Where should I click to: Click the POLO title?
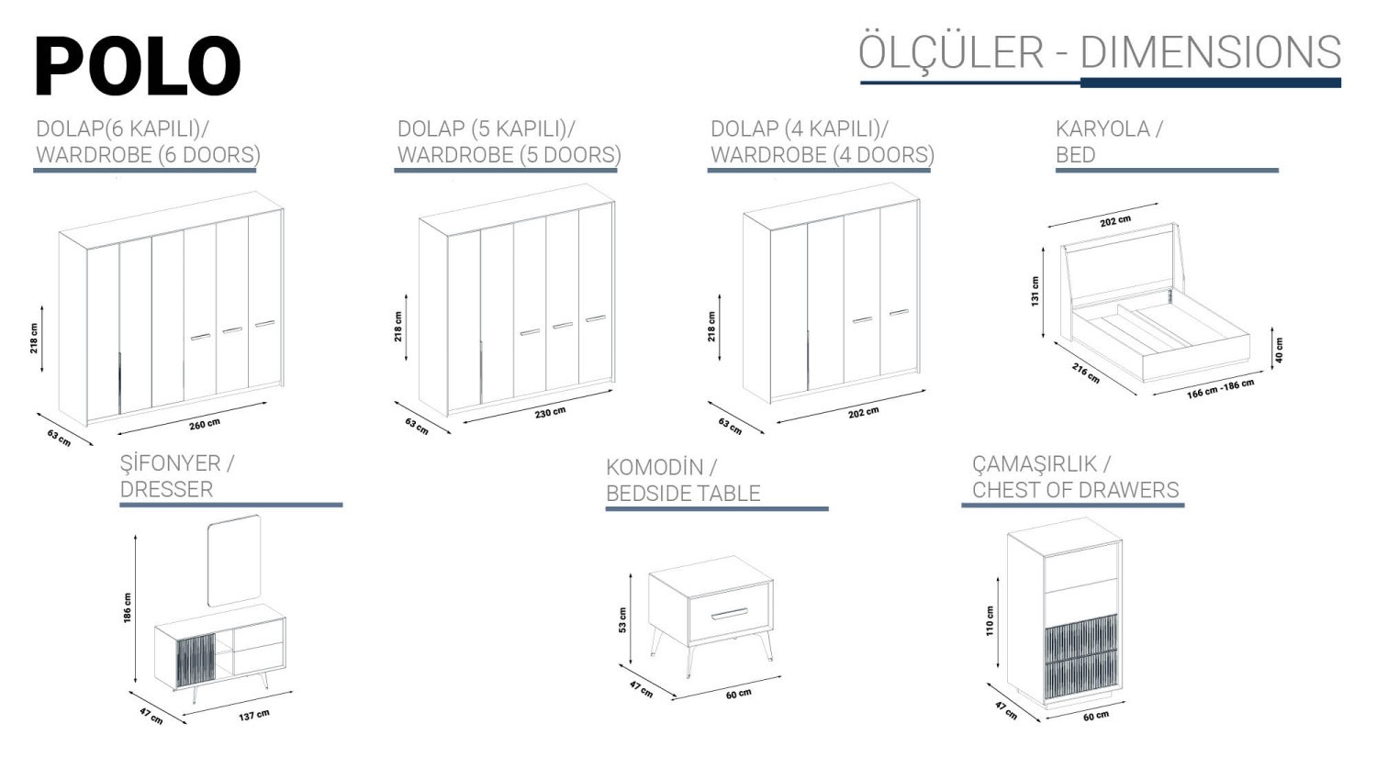click(138, 65)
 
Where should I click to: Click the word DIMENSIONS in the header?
click(1211, 52)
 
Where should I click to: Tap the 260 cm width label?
click(204, 424)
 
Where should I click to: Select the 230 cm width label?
click(550, 412)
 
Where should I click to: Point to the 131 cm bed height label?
click(1036, 291)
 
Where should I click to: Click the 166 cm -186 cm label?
click(1220, 389)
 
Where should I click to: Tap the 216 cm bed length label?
click(1086, 373)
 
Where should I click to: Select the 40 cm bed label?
click(1279, 351)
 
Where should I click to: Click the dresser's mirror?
click(234, 561)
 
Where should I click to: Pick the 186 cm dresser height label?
click(128, 607)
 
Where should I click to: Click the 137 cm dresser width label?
click(254, 715)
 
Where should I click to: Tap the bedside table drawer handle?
click(729, 614)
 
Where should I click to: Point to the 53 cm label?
click(622, 620)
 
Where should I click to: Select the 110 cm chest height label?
click(989, 620)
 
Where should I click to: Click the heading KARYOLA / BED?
click(1109, 141)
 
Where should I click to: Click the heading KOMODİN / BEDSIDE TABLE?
click(683, 480)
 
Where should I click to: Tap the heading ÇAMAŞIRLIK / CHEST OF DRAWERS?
click(1075, 477)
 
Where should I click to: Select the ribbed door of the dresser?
click(196, 661)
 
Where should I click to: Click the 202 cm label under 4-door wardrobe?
click(863, 413)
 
